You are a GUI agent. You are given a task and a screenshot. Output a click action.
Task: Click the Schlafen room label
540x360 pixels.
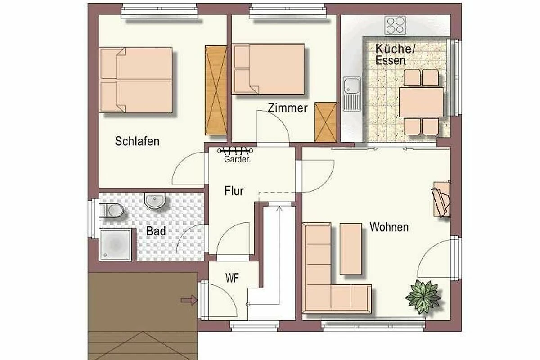[137, 141]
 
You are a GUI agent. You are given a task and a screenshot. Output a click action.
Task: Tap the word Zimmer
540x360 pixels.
[288, 108]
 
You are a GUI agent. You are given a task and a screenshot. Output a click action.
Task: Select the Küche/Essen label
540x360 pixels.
[396, 55]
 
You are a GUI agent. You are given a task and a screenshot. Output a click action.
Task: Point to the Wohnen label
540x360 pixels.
[389, 227]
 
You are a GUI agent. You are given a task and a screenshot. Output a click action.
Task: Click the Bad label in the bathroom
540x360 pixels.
[156, 231]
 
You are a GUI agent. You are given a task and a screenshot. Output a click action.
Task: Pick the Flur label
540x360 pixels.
[234, 191]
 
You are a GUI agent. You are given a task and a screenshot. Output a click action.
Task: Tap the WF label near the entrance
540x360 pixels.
[232, 278]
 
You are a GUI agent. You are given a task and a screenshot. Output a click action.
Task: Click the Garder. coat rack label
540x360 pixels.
[238, 159]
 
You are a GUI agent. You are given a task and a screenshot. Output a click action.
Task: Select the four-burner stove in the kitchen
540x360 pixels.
[396, 25]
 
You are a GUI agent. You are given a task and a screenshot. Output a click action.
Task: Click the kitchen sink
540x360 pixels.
[352, 94]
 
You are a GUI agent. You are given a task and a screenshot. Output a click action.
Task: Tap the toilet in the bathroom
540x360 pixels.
[112, 210]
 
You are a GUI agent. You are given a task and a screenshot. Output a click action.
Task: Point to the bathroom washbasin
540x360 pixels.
[155, 200]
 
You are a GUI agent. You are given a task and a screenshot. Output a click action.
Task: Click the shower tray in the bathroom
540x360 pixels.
[116, 245]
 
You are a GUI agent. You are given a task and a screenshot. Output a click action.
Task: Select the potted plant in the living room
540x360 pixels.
[423, 297]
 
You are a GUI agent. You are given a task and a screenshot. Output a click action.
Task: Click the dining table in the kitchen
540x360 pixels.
[421, 102]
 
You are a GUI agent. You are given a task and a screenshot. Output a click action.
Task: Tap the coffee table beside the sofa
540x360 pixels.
[351, 249]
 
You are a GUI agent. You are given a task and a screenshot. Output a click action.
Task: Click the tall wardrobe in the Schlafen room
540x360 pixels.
[216, 90]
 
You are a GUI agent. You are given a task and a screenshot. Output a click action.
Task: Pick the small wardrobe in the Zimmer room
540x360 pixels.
[325, 122]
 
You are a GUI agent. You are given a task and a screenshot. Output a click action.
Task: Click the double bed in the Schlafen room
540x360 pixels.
[136, 80]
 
